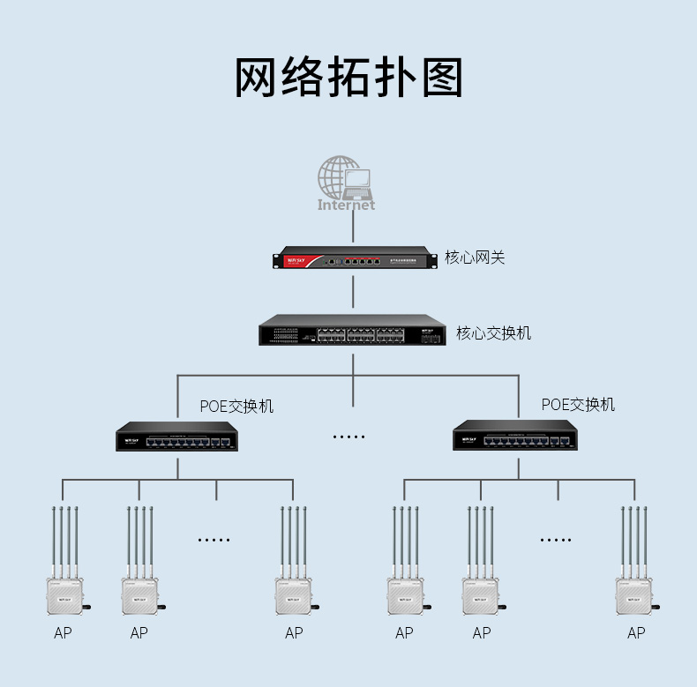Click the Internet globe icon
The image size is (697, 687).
coord(346,183)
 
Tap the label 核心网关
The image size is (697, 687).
coord(475,258)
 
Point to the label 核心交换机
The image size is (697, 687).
coord(494,333)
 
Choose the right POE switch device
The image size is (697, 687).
coord(516,434)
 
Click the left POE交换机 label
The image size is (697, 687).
coord(236,406)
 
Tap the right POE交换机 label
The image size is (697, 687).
coord(578,404)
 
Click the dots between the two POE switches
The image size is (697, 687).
coord(348,436)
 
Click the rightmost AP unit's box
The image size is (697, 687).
coord(636,595)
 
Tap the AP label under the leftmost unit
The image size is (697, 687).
coord(63,633)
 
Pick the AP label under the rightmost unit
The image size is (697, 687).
coord(636,633)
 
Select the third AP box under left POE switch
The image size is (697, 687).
coord(293,595)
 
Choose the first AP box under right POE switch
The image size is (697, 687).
coord(405,595)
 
